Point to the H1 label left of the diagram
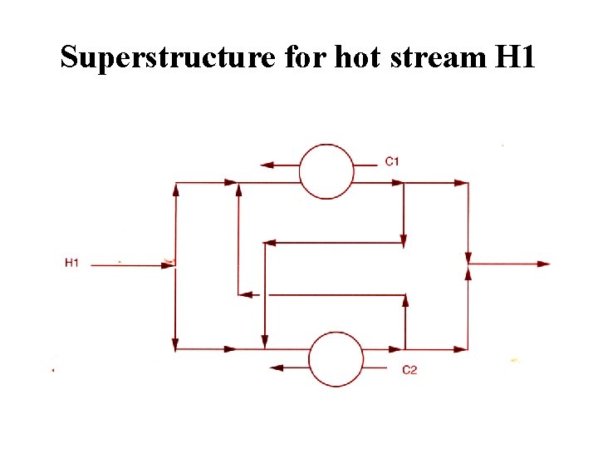[x=71, y=263]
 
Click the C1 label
[x=392, y=160]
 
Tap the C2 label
[x=409, y=370]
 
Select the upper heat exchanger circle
[x=326, y=171]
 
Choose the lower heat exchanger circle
[x=336, y=359]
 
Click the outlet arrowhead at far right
[x=544, y=264]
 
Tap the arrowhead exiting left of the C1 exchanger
[x=267, y=165]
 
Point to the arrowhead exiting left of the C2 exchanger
[x=277, y=367]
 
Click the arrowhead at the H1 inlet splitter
[x=169, y=264]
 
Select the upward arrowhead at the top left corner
[x=176, y=190]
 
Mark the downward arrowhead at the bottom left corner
[x=176, y=343]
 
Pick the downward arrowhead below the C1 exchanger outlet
[x=404, y=239]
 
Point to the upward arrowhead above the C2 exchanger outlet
[x=405, y=301]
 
